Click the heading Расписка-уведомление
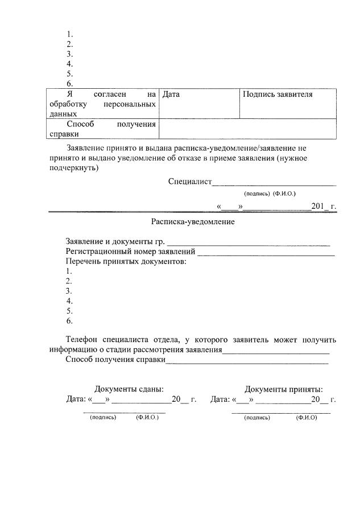point(193,222)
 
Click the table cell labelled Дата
point(171,94)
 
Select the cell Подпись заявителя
point(278,94)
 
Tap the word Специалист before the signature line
point(189,182)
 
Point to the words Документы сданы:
point(129,389)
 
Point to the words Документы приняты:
point(284,389)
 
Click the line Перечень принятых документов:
point(126,261)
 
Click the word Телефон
point(82,340)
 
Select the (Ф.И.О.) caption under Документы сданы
point(147,417)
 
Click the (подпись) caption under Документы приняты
point(257,417)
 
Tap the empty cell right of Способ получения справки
point(247,129)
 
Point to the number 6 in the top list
point(69,84)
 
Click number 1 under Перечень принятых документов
point(69,271)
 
